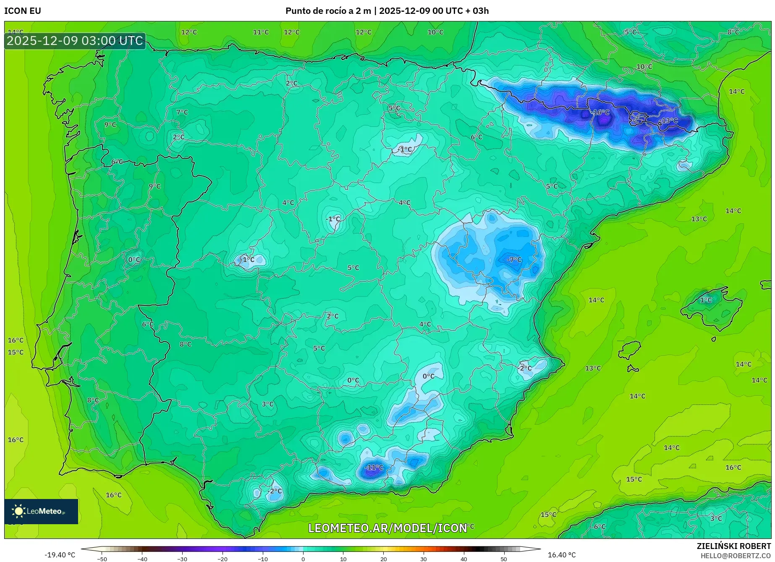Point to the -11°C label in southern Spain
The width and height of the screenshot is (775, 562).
374,467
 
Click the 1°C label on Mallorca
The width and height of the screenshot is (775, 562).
706,300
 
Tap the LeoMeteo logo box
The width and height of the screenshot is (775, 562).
41,511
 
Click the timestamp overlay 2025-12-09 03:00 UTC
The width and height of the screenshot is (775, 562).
75,41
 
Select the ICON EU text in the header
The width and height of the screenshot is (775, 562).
23,11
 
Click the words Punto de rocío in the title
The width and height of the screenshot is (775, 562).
313,11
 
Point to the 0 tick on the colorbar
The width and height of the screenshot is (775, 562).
303,559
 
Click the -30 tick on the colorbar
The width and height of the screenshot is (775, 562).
182,559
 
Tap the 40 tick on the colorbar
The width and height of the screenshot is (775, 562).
463,559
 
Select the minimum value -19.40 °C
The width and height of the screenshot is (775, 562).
60,555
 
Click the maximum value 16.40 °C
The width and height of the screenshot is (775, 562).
562,555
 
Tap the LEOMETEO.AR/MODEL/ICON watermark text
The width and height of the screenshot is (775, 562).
387,528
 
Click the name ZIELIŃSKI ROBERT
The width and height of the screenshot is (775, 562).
733,546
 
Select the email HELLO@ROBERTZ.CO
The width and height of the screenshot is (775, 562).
736,556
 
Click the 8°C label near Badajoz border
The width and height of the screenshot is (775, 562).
185,344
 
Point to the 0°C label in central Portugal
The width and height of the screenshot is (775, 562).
134,260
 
